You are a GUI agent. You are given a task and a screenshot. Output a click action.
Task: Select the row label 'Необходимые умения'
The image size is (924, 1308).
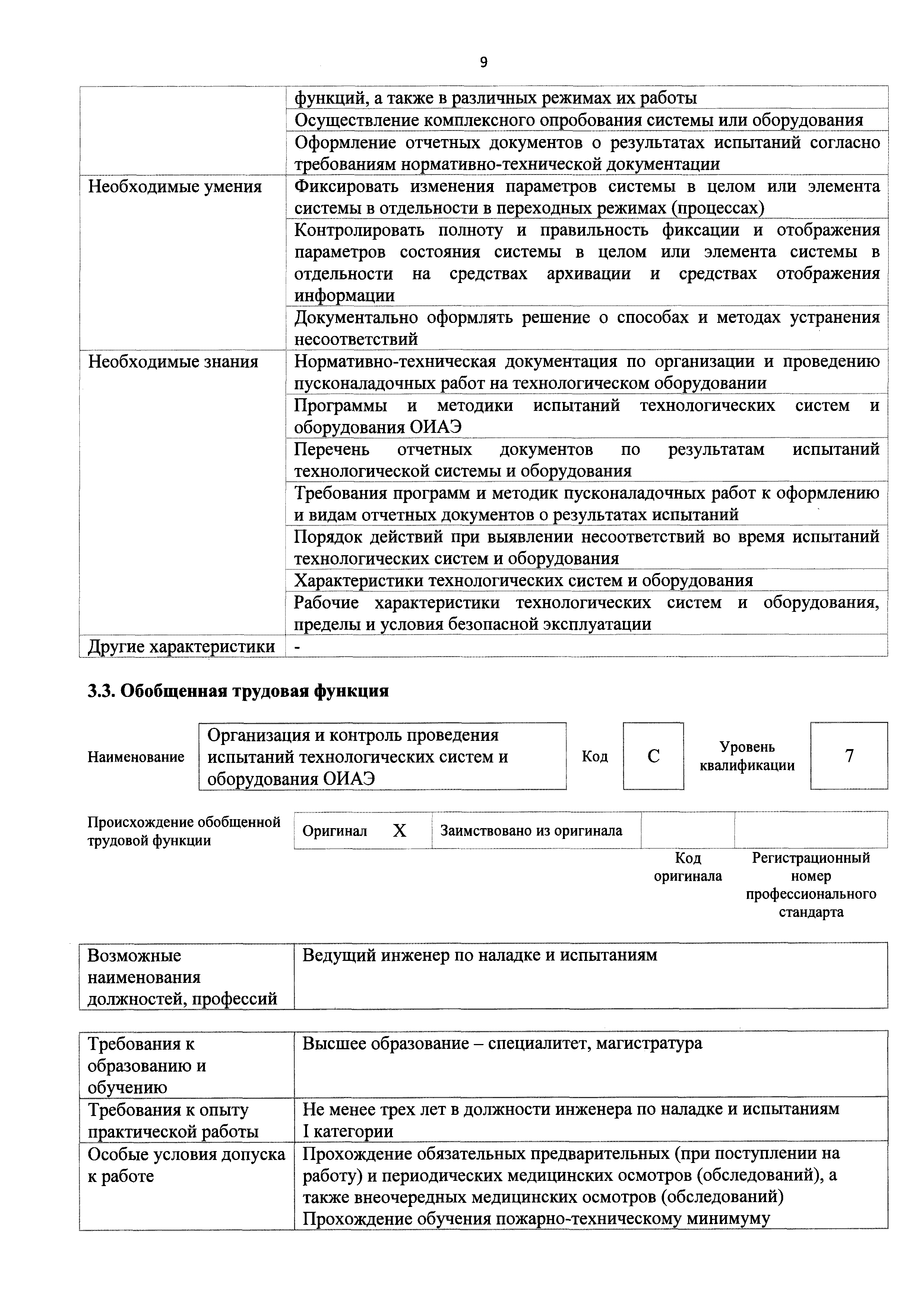pos(174,187)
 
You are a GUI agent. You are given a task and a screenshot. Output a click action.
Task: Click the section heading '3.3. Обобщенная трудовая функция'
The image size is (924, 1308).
pos(238,691)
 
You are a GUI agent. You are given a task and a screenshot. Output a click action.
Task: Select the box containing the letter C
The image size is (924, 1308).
pos(653,756)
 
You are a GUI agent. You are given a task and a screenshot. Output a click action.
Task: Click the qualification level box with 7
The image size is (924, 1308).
pos(848,756)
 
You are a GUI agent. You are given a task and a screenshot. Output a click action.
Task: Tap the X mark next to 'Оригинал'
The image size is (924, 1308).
pos(400,831)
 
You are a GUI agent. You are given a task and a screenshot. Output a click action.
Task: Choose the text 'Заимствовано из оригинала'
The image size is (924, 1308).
pos(531,831)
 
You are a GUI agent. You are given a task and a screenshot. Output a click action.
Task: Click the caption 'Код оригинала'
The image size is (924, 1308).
pos(688,867)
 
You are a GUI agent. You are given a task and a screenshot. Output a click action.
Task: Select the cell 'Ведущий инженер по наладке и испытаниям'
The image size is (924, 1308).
pos(480,955)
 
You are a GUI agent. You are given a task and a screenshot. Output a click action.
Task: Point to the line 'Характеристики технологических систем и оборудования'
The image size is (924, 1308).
pos(523,581)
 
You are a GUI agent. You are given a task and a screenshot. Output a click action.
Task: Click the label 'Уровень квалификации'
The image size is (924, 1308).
pos(747,756)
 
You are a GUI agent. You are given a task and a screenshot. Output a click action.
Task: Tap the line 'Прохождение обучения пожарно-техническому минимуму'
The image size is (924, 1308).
pos(536,1219)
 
